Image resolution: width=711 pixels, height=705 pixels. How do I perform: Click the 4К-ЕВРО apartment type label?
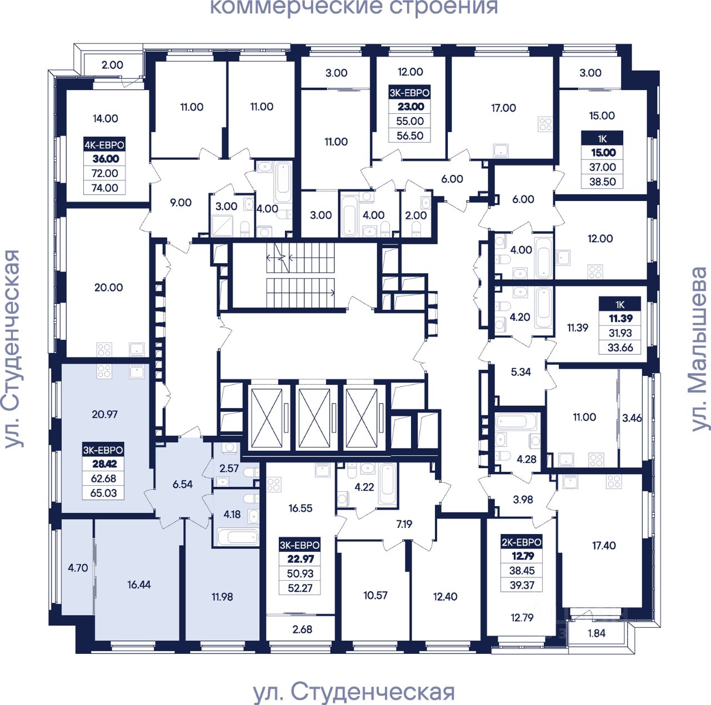click(104, 145)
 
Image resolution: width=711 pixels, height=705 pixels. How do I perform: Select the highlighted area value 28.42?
click(104, 464)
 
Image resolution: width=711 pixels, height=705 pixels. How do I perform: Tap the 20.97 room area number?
click(104, 414)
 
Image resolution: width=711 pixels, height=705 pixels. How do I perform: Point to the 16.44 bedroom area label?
click(139, 585)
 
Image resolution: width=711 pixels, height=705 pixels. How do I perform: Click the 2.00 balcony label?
click(112, 65)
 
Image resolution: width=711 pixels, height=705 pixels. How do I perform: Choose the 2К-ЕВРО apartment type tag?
click(522, 542)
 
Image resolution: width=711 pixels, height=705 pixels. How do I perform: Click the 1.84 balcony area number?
click(596, 633)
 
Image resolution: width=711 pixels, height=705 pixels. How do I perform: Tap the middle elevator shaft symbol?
click(314, 419)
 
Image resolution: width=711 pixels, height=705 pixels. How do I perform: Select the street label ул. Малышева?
click(700, 350)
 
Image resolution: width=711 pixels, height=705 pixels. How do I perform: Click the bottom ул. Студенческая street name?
click(354, 692)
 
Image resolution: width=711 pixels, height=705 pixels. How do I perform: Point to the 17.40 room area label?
click(604, 546)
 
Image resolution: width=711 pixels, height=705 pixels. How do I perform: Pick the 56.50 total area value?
click(410, 135)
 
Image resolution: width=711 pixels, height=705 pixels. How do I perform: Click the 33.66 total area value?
click(620, 348)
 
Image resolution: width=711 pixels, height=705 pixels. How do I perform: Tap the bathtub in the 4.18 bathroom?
click(238, 537)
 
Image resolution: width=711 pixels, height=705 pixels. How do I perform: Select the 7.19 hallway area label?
click(404, 523)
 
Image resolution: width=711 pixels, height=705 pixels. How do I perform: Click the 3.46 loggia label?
click(632, 418)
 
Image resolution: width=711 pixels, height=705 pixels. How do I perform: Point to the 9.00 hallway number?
click(181, 203)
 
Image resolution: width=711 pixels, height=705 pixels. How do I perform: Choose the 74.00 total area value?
click(105, 188)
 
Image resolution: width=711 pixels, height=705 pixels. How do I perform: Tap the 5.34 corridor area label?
click(520, 372)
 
